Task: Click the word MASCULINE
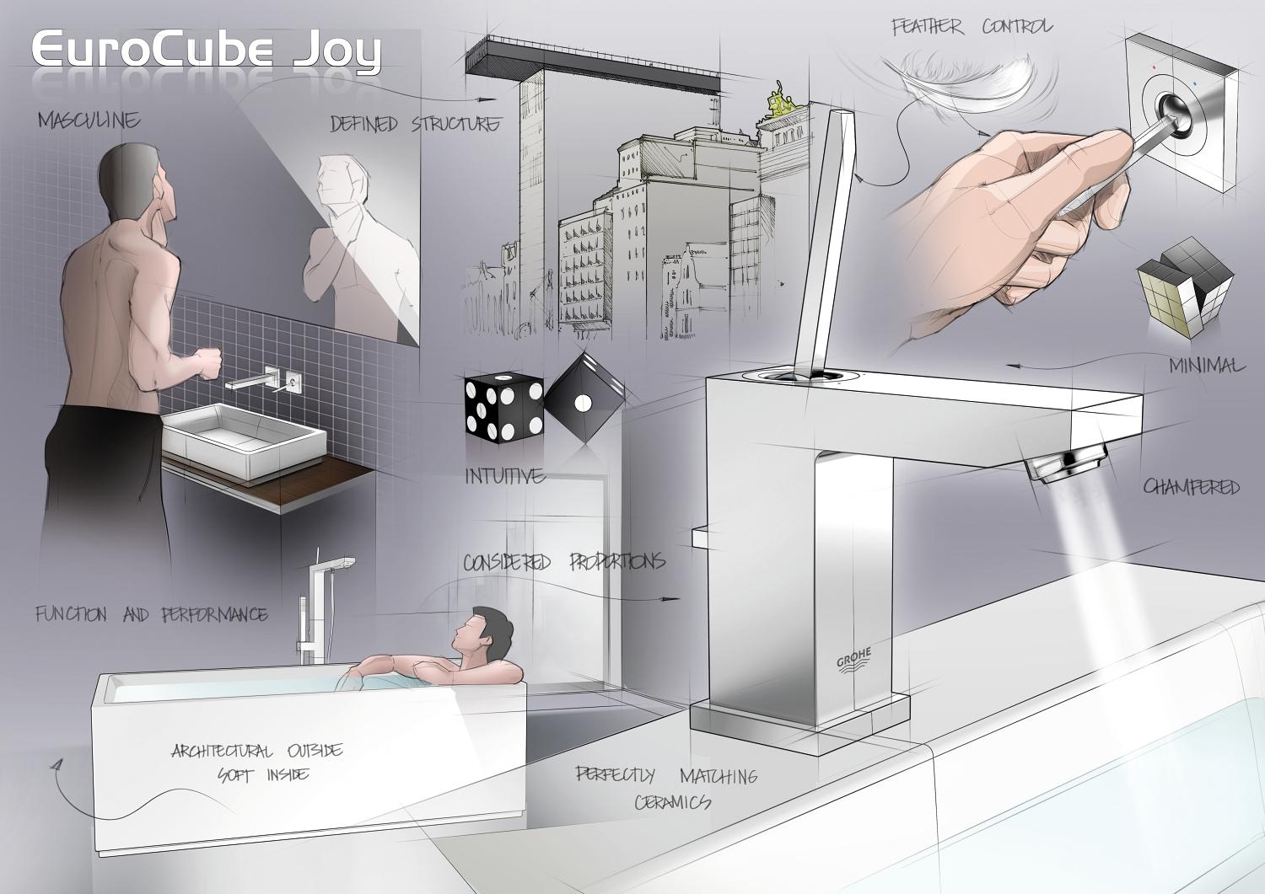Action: coord(89,120)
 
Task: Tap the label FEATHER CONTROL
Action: coord(972,27)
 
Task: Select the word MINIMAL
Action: coord(1206,366)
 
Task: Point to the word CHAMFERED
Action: coord(1191,487)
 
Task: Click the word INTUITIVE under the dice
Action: coord(504,476)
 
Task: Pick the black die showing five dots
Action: coord(503,408)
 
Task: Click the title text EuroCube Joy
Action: coord(207,51)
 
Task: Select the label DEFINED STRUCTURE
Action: coord(414,125)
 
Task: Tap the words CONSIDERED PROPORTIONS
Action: coord(563,562)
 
